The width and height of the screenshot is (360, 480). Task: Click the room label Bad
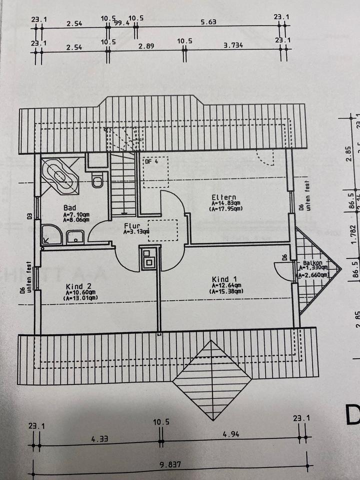tap(69, 207)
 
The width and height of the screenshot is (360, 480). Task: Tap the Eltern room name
tap(223, 197)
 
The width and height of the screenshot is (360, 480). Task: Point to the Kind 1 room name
tap(220, 279)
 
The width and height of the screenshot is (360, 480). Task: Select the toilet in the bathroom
tap(97, 180)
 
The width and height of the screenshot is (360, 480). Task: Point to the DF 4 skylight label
tap(151, 161)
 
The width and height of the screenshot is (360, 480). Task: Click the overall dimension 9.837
tap(170, 464)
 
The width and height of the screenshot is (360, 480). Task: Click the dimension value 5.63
tap(208, 22)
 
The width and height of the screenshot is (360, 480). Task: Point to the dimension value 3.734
tap(233, 45)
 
